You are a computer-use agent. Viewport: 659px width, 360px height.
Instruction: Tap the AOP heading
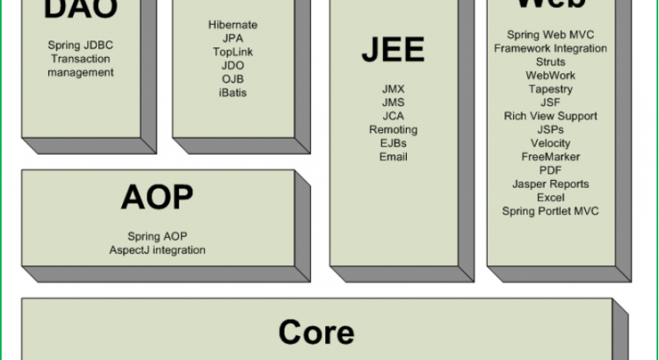click(156, 198)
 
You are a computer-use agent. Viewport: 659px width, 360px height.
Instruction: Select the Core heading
click(316, 333)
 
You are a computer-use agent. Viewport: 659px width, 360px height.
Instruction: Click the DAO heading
click(81, 11)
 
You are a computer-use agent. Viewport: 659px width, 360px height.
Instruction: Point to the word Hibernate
click(233, 25)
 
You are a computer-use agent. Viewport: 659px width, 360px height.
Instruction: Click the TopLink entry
click(233, 53)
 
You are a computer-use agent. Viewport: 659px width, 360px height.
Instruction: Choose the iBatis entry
click(233, 93)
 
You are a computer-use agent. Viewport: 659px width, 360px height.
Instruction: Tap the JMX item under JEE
click(393, 89)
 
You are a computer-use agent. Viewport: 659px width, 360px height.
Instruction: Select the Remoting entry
click(393, 130)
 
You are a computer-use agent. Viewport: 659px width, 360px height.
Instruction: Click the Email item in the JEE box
click(393, 157)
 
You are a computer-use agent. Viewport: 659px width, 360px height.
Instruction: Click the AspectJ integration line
click(157, 250)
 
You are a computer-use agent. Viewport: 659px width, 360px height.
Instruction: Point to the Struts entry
click(550, 62)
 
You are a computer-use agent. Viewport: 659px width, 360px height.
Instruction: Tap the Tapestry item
click(550, 90)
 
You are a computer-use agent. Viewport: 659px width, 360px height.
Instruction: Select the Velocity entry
click(550, 143)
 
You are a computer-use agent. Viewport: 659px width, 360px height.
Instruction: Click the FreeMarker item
click(550, 157)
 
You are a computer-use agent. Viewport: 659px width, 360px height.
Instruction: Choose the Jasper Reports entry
click(550, 184)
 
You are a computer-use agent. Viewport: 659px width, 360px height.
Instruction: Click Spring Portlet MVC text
click(550, 212)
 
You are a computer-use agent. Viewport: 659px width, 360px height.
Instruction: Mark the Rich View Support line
click(550, 116)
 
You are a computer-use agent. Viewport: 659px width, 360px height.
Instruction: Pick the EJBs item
click(393, 143)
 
